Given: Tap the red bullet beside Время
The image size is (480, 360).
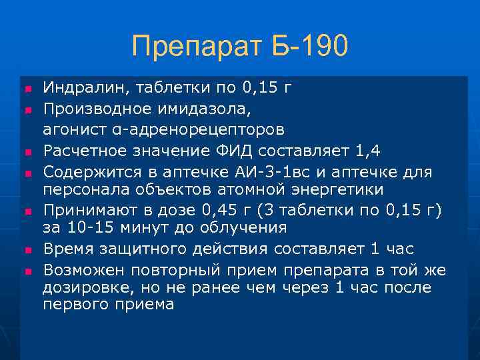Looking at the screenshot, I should click(27, 250).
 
